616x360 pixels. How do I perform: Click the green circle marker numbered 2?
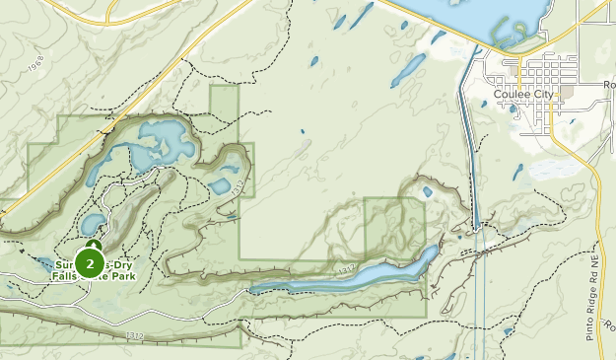[x=90, y=263]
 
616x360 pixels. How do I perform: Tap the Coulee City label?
[x=524, y=95]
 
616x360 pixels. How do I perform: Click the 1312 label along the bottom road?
[x=135, y=336]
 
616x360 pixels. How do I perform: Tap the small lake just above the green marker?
[x=92, y=224]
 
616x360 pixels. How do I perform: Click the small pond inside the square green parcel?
[x=427, y=192]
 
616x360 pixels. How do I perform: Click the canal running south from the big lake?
[x=472, y=148]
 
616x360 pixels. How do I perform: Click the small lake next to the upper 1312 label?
[x=219, y=185]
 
